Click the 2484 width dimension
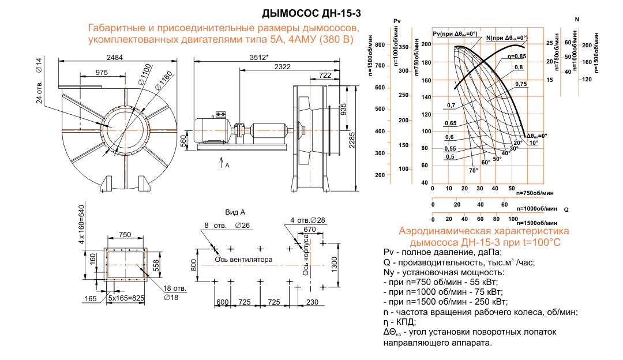coord(118,57)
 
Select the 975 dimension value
coord(102,72)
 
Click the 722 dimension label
coord(325,76)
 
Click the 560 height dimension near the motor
coord(183,140)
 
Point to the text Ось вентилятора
coord(243,259)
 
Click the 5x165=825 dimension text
coord(125,298)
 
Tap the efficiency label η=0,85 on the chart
coord(517,57)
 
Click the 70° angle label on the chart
coord(474,170)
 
